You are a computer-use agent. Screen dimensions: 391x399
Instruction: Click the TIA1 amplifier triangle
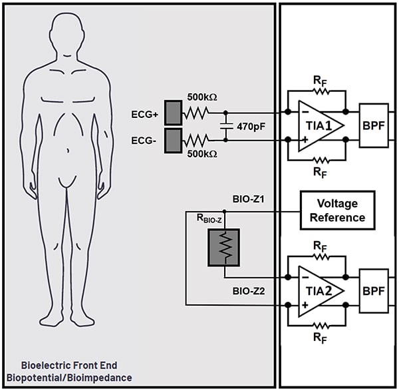click(317, 125)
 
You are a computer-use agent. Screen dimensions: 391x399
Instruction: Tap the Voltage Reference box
click(337, 210)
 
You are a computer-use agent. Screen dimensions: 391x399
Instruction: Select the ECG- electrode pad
click(174, 140)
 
